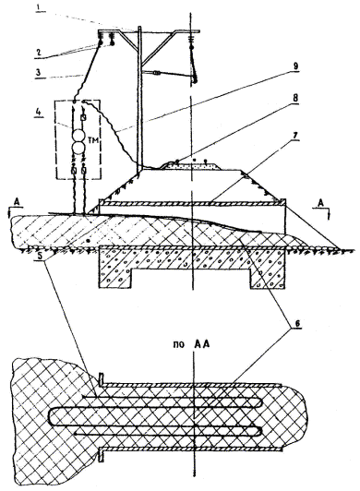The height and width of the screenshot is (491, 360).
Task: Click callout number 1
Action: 40,6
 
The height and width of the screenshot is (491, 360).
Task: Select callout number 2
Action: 38,52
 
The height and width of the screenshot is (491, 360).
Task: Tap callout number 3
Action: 39,73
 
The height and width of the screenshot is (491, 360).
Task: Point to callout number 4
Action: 38,112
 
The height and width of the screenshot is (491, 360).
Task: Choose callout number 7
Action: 294,136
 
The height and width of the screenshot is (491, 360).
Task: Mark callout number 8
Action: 294,98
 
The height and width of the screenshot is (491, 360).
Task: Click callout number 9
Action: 295,66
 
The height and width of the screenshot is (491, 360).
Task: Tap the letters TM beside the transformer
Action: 93,141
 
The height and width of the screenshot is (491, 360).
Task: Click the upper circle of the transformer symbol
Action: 78,136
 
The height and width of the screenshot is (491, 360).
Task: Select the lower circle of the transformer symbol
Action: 78,148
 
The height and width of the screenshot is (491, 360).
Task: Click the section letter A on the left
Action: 18,204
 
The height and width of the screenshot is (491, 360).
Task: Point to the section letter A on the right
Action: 321,204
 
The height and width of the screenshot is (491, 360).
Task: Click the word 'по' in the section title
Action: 179,345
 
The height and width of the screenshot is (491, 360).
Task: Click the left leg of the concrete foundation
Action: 114,278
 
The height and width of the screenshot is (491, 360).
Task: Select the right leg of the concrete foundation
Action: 268,278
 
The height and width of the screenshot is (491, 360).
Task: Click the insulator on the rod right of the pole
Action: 158,74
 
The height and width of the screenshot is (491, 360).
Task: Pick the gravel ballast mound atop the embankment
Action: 192,165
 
